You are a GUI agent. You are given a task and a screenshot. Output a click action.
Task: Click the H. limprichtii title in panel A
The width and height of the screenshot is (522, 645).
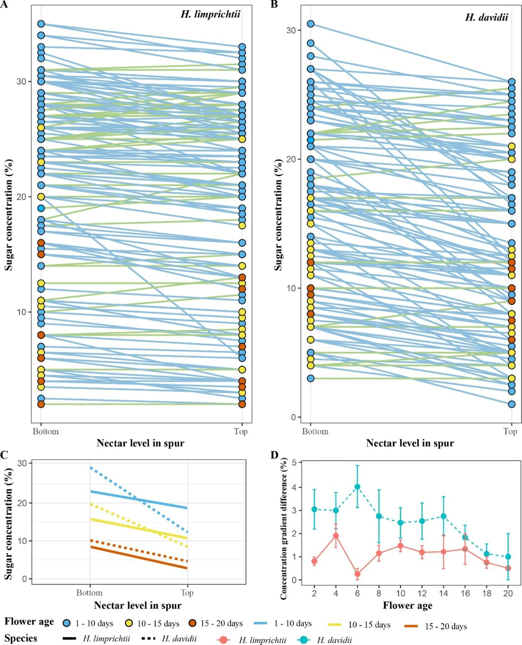click(210, 14)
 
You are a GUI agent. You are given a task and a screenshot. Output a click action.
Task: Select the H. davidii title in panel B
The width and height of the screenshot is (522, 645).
click(486, 18)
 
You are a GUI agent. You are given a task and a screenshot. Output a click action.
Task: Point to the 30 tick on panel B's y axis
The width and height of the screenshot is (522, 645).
click(291, 30)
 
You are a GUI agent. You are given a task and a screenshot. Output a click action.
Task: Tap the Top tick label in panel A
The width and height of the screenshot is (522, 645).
click(240, 432)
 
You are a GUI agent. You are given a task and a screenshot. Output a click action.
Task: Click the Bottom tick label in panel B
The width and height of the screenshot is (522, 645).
click(315, 432)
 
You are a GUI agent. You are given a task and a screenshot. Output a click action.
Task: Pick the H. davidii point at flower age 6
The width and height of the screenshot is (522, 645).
click(357, 487)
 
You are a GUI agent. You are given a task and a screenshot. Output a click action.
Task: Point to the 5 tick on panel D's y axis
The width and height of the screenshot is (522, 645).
click(294, 463)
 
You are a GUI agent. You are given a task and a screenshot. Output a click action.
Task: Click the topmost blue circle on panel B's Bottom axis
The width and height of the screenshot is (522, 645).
click(311, 24)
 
